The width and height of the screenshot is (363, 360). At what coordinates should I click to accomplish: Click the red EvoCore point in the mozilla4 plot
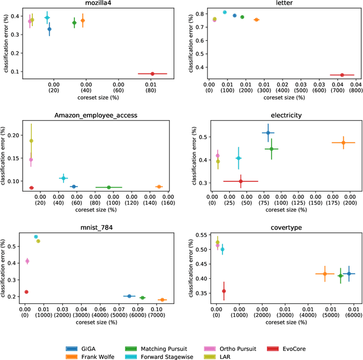coord(153,74)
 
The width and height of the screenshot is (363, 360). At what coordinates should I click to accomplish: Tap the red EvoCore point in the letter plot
coord(342,75)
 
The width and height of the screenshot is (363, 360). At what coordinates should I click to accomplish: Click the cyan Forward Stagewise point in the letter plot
coord(225,12)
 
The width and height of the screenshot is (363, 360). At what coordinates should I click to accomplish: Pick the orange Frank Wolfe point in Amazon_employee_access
coord(159,187)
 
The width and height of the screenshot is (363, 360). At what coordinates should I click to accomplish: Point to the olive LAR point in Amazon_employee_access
coord(31,141)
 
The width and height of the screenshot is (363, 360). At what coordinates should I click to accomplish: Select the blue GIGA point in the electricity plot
coord(268,133)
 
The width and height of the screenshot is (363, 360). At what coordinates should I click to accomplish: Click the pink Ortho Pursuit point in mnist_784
coord(27,261)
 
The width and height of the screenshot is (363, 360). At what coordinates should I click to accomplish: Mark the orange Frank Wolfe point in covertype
coord(325,274)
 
